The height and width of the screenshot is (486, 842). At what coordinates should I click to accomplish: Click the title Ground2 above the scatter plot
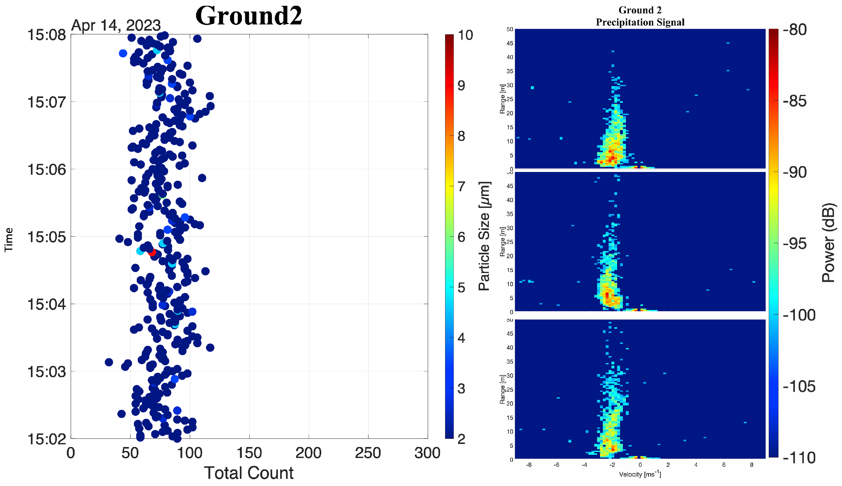tap(249, 16)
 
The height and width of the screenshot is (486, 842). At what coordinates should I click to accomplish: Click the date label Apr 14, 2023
tap(116, 25)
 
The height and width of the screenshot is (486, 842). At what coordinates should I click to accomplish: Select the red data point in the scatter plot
tap(152, 252)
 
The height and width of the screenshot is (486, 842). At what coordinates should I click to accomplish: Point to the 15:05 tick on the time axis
tap(46, 237)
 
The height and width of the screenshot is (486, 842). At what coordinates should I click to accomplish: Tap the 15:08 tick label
tap(46, 35)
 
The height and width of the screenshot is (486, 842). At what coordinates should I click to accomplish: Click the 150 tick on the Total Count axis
tap(249, 453)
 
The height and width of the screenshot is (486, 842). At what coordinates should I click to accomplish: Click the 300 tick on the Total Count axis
tap(427, 453)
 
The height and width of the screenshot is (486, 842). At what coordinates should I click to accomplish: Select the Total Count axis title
tap(249, 473)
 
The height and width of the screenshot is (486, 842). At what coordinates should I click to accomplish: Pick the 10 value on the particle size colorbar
tap(465, 35)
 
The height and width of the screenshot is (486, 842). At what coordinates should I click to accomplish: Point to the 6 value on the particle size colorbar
tap(461, 237)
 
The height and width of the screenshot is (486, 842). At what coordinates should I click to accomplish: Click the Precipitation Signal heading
tap(640, 22)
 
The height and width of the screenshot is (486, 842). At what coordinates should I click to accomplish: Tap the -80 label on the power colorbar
tap(795, 30)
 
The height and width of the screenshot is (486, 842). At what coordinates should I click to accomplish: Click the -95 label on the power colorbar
tap(795, 244)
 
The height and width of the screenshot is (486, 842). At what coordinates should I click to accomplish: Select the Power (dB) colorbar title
tap(828, 242)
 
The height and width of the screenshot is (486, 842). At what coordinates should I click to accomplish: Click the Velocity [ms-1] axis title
tap(640, 474)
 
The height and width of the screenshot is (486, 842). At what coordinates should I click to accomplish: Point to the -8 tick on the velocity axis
tap(529, 465)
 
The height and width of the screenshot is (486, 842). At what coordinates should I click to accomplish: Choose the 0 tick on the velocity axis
tap(640, 465)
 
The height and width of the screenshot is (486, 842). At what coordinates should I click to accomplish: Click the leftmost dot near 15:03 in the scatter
tap(109, 362)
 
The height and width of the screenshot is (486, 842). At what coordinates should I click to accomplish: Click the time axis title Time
tap(8, 239)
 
